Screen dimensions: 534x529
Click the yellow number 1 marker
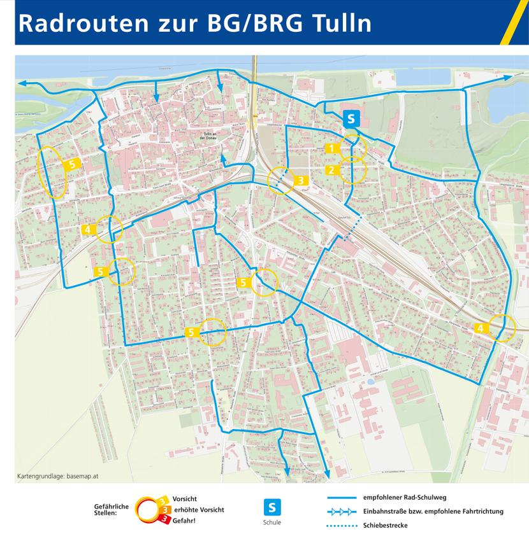(332, 148)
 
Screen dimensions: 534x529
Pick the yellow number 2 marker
(332, 170)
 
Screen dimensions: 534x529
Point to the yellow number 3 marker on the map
(301, 180)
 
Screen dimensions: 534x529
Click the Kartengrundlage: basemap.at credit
(57, 476)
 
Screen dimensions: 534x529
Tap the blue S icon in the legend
(272, 507)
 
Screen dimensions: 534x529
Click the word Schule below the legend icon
(272, 523)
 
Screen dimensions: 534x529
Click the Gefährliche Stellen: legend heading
(111, 509)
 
